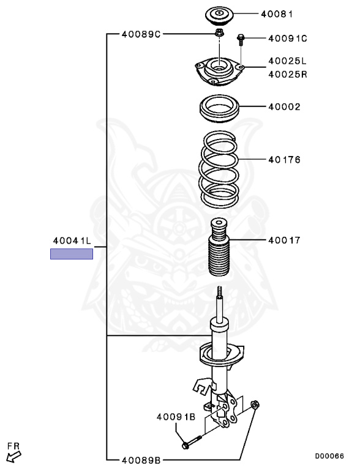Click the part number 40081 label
pyautogui.click(x=277, y=14)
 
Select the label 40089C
pyautogui.click(x=141, y=34)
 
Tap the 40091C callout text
pyautogui.click(x=288, y=39)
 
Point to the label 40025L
pyautogui.click(x=287, y=61)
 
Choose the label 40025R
pyautogui.click(x=288, y=74)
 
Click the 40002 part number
pyautogui.click(x=284, y=106)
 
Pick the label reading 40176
pyautogui.click(x=284, y=160)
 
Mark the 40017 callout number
pyautogui.click(x=284, y=240)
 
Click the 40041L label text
pyautogui.click(x=72, y=241)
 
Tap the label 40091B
pyautogui.click(x=176, y=417)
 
